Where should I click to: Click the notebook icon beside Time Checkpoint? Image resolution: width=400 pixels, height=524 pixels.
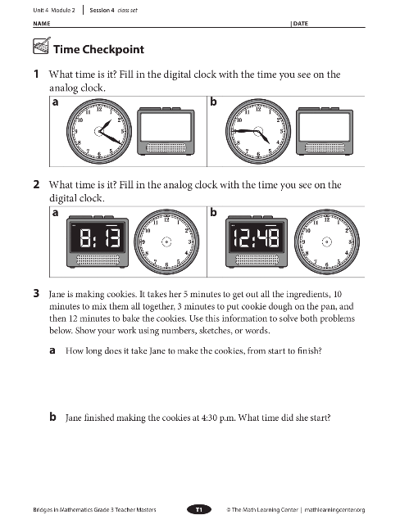(42, 46)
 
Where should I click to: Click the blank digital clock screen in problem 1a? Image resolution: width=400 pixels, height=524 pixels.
(166, 127)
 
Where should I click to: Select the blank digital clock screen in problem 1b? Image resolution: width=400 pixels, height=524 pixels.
(325, 127)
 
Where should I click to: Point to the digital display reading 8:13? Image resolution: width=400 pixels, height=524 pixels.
(98, 237)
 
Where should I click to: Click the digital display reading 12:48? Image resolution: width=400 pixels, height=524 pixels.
(257, 237)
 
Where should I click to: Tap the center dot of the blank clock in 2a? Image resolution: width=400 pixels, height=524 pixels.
(166, 242)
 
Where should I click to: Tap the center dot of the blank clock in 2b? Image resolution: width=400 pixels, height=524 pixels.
(327, 242)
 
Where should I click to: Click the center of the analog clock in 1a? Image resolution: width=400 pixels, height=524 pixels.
(99, 131)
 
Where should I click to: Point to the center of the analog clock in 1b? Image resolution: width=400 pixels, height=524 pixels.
(258, 131)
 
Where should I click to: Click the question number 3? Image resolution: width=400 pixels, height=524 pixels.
(36, 293)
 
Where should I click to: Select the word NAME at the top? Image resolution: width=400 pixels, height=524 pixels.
(42, 24)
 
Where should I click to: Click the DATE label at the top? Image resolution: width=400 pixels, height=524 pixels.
(301, 24)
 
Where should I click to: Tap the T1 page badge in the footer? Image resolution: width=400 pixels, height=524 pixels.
(199, 509)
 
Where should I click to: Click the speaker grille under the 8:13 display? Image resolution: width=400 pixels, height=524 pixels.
(98, 260)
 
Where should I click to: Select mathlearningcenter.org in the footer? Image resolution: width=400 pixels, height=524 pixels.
(334, 510)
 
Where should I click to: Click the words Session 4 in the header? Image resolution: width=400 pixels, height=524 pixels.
(102, 10)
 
